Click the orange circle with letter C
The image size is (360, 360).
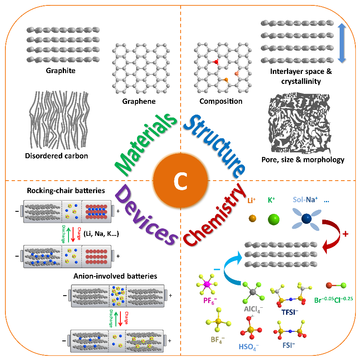tap(180, 180)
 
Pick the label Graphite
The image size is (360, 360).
tap(61, 70)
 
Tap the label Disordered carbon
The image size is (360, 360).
tap(57, 156)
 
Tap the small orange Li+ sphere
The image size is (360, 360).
tap(252, 218)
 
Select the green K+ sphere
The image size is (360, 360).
tap(274, 218)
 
